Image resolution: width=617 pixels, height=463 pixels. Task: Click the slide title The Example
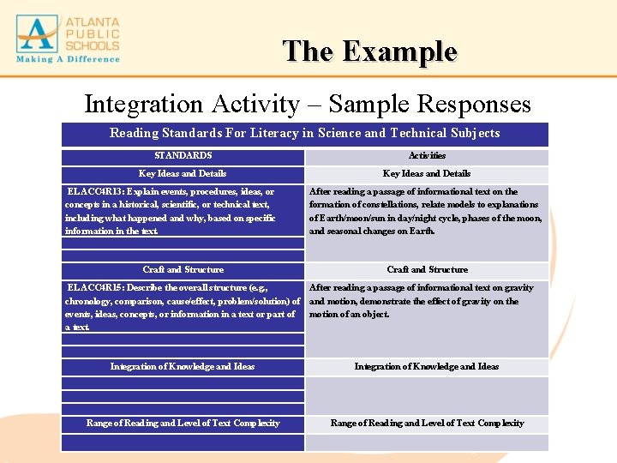point(370,51)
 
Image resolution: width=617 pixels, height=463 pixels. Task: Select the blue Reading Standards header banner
point(304,133)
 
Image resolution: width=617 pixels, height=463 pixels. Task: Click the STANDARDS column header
point(183,156)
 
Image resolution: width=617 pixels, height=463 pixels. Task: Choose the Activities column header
point(427,156)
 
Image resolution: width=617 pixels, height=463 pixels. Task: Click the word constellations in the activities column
point(389,204)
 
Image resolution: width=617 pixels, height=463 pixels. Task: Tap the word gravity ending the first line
point(517,288)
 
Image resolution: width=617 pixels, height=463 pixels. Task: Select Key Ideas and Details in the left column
point(183,173)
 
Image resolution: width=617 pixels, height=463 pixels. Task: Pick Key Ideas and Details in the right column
point(427,173)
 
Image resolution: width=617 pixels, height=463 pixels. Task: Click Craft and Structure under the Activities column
point(427,269)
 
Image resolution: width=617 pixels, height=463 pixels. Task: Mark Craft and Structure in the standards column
point(183,269)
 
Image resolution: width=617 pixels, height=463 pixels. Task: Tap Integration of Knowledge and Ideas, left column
point(183,366)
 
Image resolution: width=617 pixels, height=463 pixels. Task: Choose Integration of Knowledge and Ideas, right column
point(427,366)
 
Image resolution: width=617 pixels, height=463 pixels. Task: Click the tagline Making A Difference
point(67,59)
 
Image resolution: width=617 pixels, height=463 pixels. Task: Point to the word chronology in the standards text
point(92,302)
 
